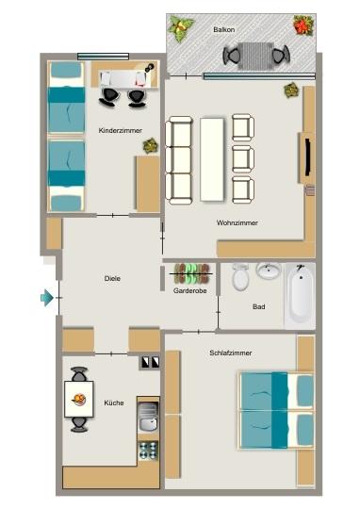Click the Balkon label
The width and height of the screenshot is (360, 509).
coord(224,29)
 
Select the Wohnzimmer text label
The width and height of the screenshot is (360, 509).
coord(237,222)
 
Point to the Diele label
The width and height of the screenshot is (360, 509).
coord(114,278)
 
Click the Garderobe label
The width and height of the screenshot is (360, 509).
coord(190,291)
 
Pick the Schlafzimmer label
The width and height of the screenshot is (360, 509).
coord(231,353)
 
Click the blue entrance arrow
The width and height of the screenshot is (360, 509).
coord(47,299)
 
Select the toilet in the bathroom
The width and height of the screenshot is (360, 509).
coord(240,277)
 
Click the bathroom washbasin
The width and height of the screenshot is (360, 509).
coord(269,271)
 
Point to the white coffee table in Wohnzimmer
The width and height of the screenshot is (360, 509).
coord(212,157)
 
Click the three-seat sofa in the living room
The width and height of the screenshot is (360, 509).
coord(178,157)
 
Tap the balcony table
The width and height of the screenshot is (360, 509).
coord(254,56)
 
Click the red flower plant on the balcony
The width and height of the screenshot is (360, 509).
coord(303,25)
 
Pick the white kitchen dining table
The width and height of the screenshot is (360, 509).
coord(78,399)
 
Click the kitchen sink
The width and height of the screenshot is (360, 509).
coord(147,424)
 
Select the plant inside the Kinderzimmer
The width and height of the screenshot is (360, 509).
coord(150,145)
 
